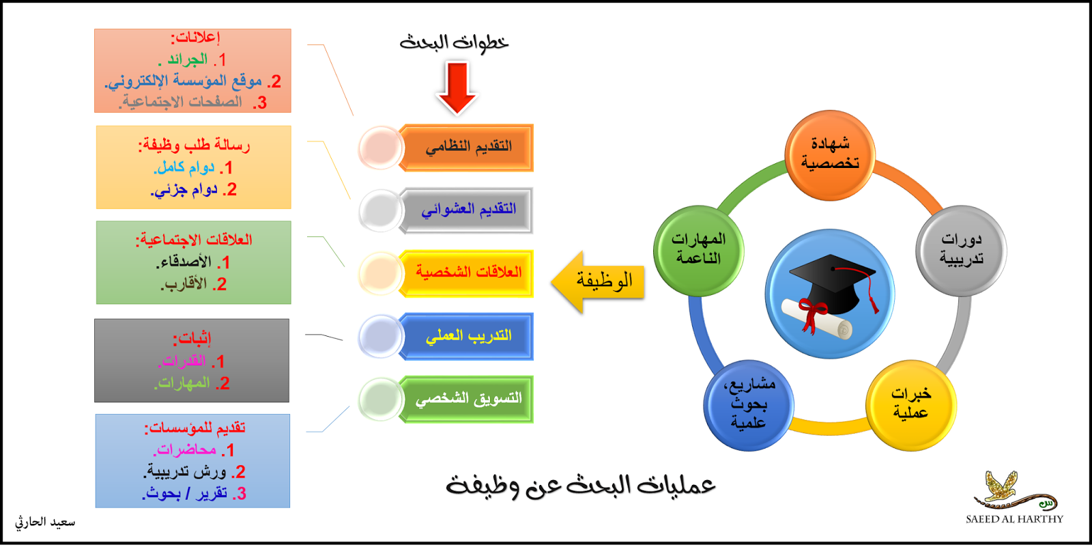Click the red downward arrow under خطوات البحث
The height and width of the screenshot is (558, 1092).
click(457, 87)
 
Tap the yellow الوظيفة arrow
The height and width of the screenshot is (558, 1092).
click(599, 281)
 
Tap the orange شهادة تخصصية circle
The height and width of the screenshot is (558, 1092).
click(830, 154)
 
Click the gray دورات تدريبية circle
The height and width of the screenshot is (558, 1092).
click(961, 250)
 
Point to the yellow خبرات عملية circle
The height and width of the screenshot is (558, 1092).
click(910, 404)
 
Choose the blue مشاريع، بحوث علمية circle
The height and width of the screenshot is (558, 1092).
click(749, 404)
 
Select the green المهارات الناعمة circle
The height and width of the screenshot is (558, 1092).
click(698, 250)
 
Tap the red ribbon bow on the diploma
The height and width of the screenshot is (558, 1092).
click(811, 315)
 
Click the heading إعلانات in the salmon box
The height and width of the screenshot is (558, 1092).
click(195, 38)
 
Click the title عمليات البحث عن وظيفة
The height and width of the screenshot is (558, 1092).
click(580, 486)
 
